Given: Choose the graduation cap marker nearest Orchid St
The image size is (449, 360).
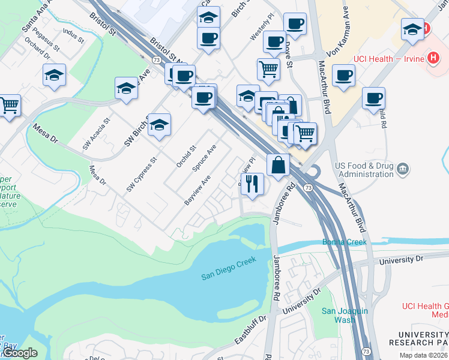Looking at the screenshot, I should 159,125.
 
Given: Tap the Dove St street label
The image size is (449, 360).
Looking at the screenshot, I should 288,55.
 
